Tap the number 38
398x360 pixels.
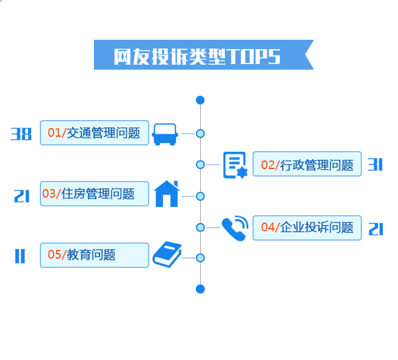click(21, 133)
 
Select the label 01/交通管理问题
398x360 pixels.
click(95, 132)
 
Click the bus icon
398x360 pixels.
click(164, 133)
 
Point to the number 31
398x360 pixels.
click(374, 164)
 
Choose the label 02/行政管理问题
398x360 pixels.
click(307, 164)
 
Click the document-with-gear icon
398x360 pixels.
click(235, 165)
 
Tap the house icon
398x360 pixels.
click(166, 193)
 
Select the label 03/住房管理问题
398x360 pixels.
click(95, 193)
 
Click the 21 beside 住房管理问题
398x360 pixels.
click(22, 196)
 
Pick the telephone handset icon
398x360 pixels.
click(234, 228)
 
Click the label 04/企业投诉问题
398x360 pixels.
click(307, 228)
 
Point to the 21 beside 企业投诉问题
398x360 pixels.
click(376, 229)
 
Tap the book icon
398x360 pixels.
click(166, 254)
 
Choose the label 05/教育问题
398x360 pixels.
click(95, 255)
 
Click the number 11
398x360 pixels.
click(20, 256)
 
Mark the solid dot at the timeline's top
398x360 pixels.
click(200, 99)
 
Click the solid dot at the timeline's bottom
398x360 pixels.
click(200, 288)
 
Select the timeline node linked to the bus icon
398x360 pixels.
click(200, 133)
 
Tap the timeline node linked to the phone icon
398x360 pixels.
click(200, 228)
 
